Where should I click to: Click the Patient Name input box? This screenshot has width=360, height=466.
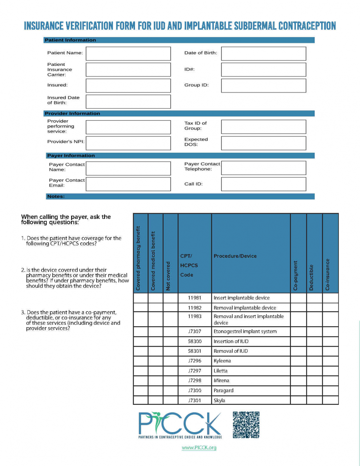coord(128,53)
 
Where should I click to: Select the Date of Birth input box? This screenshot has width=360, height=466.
coord(264,53)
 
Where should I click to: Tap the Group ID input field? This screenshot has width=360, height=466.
coord(264,85)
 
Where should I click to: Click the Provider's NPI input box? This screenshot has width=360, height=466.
coord(128,143)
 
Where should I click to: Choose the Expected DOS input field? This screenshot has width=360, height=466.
coord(264,143)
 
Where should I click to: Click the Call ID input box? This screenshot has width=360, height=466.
coord(264,184)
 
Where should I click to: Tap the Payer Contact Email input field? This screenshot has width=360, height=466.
coord(128,184)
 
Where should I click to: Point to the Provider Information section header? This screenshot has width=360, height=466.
coord(72,113)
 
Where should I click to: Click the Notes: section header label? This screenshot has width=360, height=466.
coord(56,196)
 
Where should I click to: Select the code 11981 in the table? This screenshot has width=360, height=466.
coord(195,298)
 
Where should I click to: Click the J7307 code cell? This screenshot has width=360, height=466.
coord(195,331)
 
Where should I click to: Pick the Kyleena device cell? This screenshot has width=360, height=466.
coord(222,361)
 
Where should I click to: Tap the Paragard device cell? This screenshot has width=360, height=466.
coord(224,390)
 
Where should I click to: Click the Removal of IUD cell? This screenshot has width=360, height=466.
coord(231,351)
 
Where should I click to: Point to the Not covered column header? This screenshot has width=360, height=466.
coord(168,275)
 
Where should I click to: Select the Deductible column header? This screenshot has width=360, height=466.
coord(312,277)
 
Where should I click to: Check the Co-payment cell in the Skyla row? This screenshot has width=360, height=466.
coord(298,400)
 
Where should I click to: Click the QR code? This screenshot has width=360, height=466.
coord(246,425)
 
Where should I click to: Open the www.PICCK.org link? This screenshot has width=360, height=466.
coord(199,448)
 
